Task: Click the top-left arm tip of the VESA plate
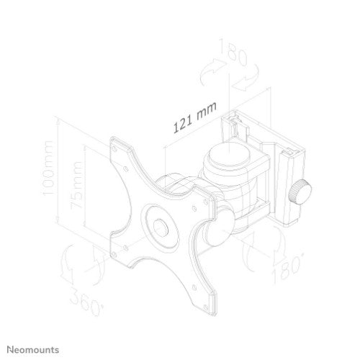tap(117, 144)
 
